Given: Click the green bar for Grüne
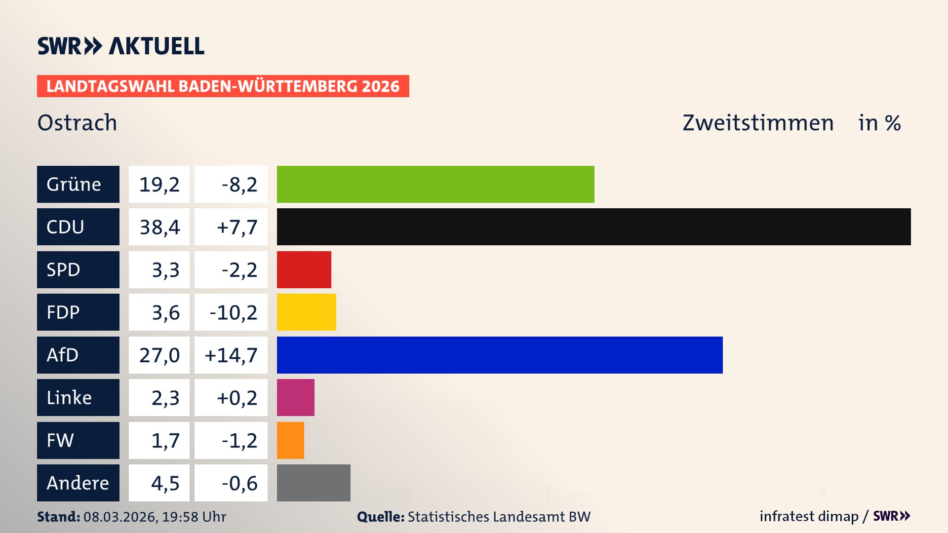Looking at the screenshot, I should coord(435,184).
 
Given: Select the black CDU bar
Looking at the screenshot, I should coord(593,227).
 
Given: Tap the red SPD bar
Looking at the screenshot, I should coord(304,269).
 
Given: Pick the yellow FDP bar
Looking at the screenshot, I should coord(306,312).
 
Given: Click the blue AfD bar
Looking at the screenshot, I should coord(500,355).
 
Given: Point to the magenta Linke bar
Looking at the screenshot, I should coord(295,397).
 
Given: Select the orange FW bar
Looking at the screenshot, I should coord(290,440).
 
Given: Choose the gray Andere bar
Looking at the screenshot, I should coord(314,483).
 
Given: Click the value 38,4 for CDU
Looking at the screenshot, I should coord(159,227).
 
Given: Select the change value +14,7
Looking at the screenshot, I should coord(231,355).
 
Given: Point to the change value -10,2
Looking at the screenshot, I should coord(233,312).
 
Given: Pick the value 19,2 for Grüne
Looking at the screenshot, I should coord(159,185).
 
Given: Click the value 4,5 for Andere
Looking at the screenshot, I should coord(165,483).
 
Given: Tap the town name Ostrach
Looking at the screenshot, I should coord(78,122).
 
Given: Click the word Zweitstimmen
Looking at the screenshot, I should coord(758,122).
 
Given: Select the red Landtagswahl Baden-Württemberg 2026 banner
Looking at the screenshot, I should coord(223,86).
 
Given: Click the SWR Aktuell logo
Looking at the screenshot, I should coord(121,46).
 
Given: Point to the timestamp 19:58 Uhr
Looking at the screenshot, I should coord(194,517).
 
